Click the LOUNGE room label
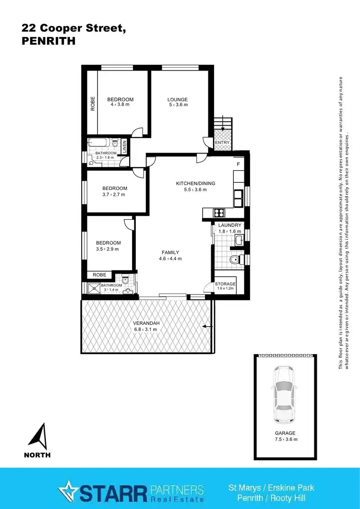coord(178,100)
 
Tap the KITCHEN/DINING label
coord(195,183)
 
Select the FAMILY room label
coord(170,252)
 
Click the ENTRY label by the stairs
coord(222,142)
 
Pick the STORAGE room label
coord(225,284)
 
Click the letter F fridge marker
coord(238,164)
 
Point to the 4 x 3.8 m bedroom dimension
coord(120,105)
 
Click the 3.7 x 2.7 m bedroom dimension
coord(114,194)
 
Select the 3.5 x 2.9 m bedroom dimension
coord(108,249)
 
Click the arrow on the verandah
coord(207,326)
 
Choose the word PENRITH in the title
coord(48,41)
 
